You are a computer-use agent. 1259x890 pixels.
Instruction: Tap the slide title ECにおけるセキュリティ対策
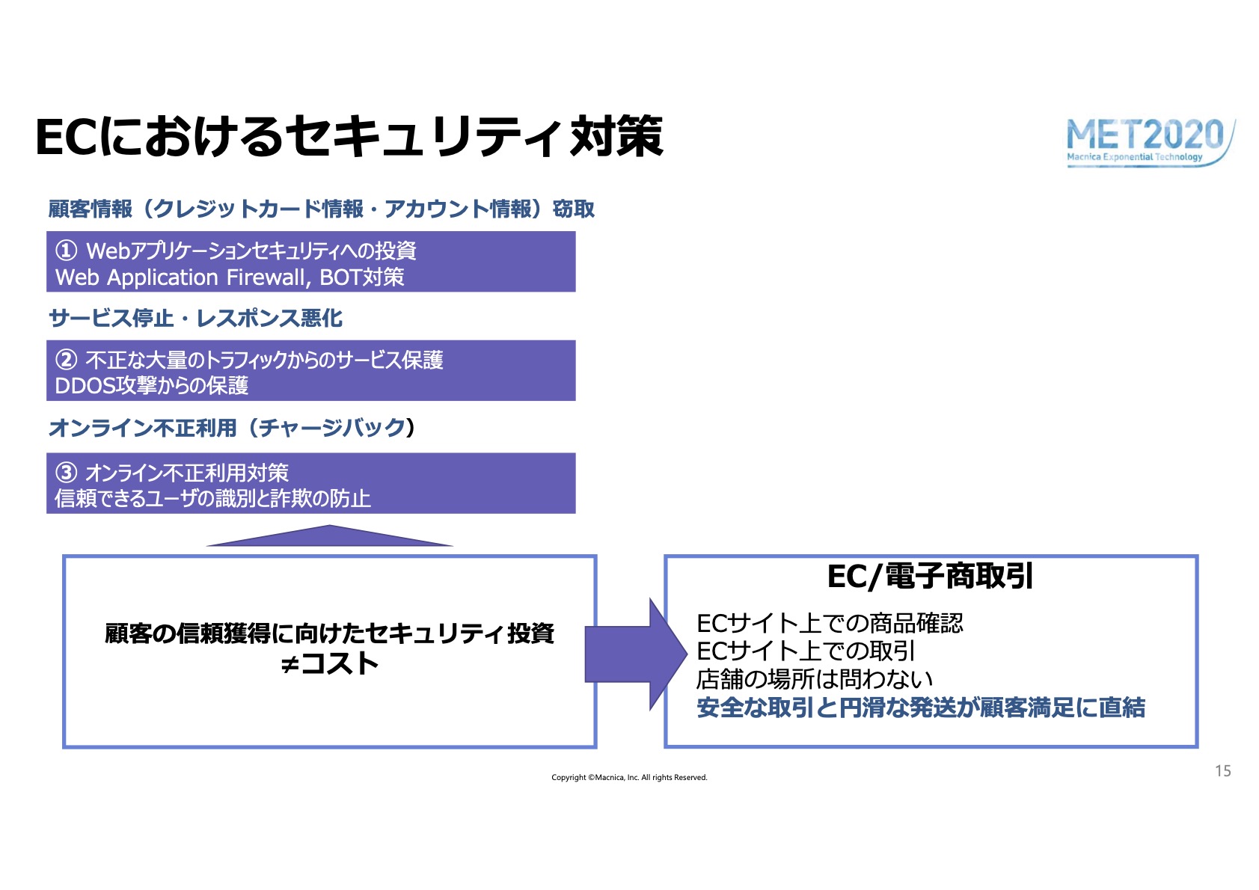coord(349,137)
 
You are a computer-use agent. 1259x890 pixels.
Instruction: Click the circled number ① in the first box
coord(67,251)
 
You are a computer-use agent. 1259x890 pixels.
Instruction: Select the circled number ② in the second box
coord(67,360)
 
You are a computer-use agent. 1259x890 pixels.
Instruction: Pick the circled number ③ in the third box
coord(67,473)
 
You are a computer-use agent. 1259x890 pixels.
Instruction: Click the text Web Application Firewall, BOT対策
coord(230,277)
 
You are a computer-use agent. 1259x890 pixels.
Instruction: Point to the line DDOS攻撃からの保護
coord(151,386)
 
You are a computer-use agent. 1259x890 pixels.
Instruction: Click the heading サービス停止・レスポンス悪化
coord(195,319)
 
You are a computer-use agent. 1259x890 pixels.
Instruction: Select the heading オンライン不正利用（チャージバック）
coord(232,428)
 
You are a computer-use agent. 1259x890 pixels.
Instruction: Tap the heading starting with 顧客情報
coord(322,209)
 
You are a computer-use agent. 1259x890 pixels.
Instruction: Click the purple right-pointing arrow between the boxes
coord(636,654)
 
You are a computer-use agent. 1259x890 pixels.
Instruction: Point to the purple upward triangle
coord(330,536)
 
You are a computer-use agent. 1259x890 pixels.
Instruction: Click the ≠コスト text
coord(329,663)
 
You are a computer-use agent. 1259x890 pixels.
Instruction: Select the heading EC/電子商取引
coord(930,577)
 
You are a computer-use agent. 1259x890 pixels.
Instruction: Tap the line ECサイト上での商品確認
coord(830,623)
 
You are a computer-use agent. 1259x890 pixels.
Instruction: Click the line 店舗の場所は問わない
coord(815,679)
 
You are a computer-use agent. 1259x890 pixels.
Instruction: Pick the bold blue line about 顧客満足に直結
coord(921,708)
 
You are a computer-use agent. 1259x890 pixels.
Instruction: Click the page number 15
coord(1223,771)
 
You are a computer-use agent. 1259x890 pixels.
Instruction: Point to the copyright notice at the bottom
coord(630,778)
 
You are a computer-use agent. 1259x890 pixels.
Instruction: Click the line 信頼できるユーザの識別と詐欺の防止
coord(212,499)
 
